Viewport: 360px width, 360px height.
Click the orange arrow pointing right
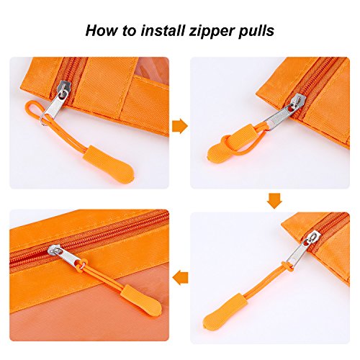tap(179, 126)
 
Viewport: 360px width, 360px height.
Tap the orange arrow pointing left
tap(181, 277)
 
